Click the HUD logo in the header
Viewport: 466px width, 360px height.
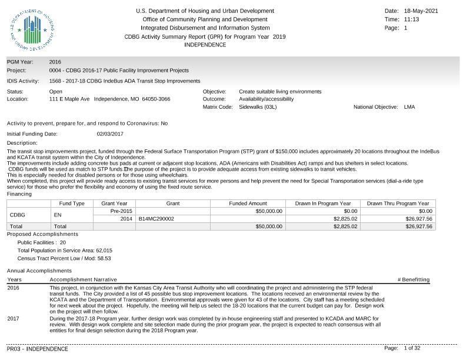(x=33, y=31)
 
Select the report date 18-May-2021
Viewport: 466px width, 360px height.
(x=421, y=11)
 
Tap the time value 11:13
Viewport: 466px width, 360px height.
(x=412, y=19)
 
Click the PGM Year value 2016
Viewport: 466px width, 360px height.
(x=55, y=62)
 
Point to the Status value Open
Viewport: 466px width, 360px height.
(x=56, y=92)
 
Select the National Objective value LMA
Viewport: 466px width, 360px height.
(x=410, y=107)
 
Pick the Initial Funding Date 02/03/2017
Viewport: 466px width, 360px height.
(x=110, y=134)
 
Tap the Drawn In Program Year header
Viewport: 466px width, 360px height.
(x=323, y=204)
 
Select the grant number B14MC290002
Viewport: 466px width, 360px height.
(x=157, y=219)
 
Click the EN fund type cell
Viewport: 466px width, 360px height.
(x=58, y=215)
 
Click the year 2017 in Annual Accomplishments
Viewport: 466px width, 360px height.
(x=14, y=318)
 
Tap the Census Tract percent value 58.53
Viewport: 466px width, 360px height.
(x=104, y=258)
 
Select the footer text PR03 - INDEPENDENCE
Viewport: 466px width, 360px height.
(x=38, y=349)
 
